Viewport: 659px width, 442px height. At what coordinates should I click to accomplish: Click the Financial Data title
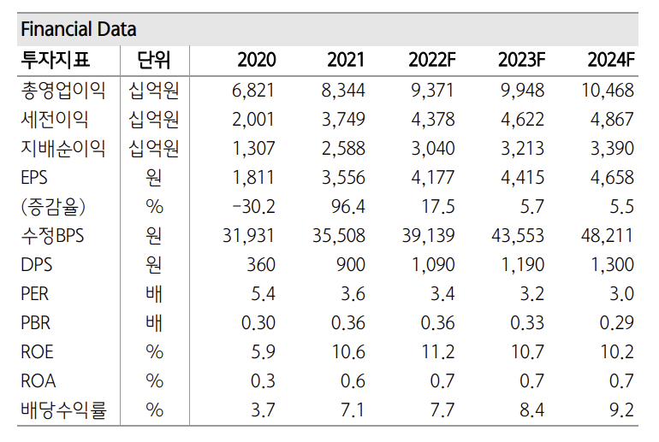[78, 29]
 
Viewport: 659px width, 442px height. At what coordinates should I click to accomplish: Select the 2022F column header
[432, 60]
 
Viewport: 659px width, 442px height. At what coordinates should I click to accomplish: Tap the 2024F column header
[611, 60]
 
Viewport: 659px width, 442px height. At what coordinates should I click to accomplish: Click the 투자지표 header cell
[56, 60]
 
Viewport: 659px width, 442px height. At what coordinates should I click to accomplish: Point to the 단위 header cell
[154, 60]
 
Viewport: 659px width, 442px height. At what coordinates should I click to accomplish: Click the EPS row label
[36, 178]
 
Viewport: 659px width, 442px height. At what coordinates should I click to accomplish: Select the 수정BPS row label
[56, 236]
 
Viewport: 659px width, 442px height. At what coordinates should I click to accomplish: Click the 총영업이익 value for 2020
[254, 91]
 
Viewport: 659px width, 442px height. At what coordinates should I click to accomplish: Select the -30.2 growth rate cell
[253, 207]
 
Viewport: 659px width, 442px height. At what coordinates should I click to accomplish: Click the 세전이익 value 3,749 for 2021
[343, 120]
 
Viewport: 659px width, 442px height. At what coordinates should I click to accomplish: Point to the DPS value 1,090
[432, 265]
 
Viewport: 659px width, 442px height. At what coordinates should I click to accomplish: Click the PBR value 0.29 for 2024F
[611, 323]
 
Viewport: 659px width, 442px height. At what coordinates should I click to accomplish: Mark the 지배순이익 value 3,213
[521, 149]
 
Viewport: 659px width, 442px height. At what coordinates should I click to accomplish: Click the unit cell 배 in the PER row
[154, 294]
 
